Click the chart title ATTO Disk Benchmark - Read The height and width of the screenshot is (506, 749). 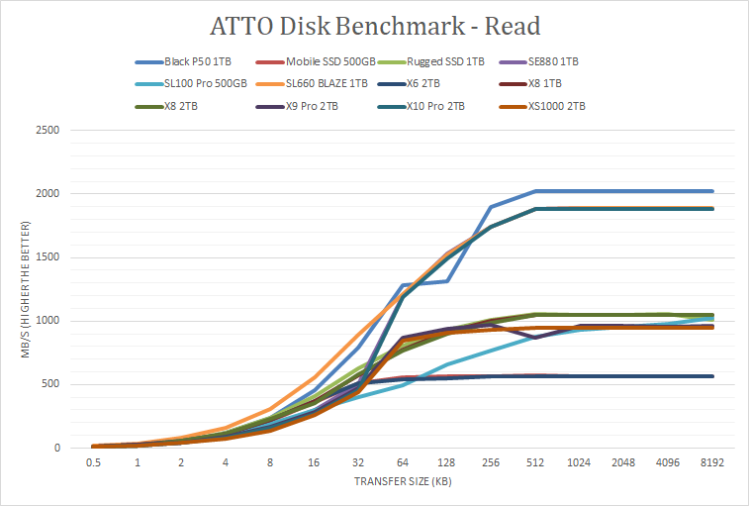pos(374,24)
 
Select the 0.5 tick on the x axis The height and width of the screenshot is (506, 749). pos(94,462)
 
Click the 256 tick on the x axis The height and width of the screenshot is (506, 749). pos(492,462)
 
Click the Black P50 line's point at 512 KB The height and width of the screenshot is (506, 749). pos(535,191)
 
